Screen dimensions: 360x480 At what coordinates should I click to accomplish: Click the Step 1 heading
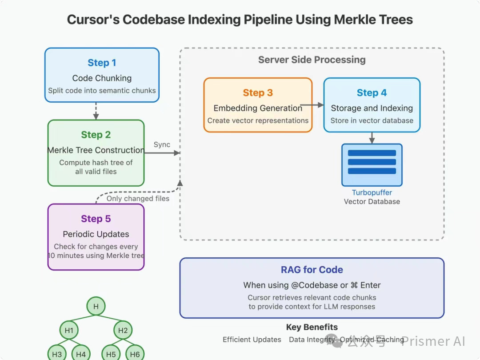coord(102,63)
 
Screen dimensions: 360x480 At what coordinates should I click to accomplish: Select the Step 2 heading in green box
coord(96,135)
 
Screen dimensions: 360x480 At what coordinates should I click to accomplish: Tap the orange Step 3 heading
coord(258,93)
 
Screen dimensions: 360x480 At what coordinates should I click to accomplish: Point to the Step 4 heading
coord(372,93)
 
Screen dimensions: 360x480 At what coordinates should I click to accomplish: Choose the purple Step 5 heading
coord(96,219)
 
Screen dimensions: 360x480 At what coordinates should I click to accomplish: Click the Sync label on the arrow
coord(162,145)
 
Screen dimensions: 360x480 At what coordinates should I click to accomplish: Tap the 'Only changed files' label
coord(138,199)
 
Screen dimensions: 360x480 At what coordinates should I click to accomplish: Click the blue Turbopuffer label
coord(372,193)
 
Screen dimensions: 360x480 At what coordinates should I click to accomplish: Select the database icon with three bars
coord(372,165)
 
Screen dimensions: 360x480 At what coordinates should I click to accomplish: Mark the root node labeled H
coord(96,306)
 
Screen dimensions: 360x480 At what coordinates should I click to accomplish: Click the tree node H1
coord(69,330)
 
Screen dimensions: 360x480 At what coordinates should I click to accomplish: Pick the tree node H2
coord(123,330)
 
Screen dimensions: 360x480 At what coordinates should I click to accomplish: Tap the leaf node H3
coord(57,354)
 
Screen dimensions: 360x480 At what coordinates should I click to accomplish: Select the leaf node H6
coord(135,354)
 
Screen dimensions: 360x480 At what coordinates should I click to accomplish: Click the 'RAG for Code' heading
coord(312,270)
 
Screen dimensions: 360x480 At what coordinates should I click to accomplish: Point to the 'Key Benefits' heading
coord(312,327)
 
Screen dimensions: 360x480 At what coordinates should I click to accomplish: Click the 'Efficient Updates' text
coord(252,340)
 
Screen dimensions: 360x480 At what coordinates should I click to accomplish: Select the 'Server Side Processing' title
coord(312,60)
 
